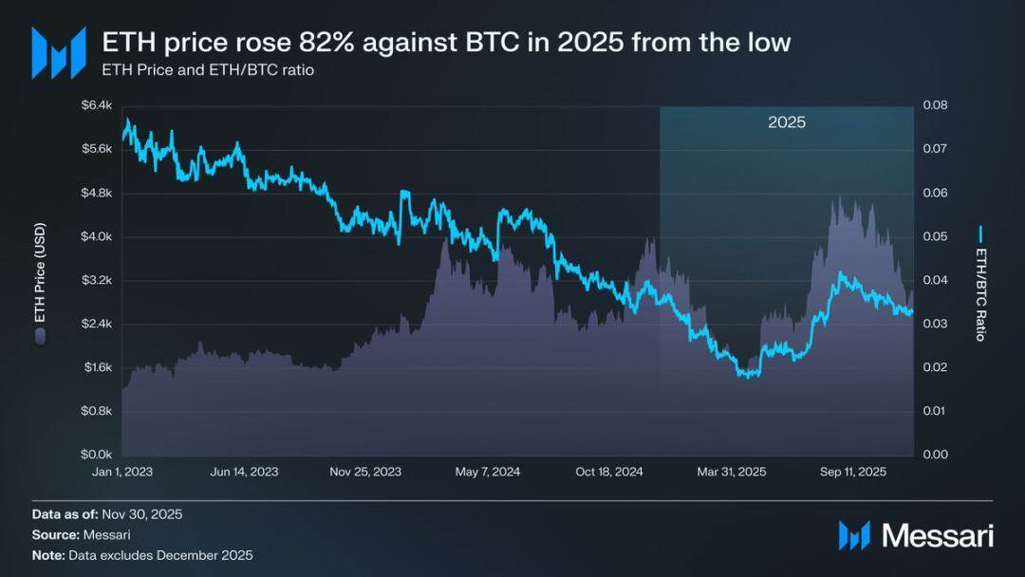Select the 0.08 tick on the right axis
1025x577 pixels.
point(935,105)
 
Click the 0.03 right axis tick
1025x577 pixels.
point(935,324)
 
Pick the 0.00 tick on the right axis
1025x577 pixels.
point(935,455)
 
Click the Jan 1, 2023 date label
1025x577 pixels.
point(122,472)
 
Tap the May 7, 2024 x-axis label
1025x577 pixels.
point(488,472)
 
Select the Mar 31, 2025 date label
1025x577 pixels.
point(732,472)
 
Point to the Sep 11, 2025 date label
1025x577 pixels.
point(853,472)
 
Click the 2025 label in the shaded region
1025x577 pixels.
point(787,123)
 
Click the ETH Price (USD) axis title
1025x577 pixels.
point(40,281)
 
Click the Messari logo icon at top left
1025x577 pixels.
point(59,52)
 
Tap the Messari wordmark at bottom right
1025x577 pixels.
point(938,535)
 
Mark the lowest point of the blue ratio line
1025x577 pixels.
point(748,376)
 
